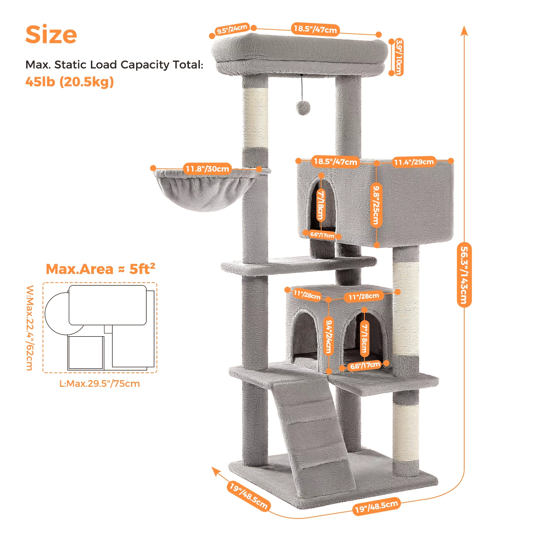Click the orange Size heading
coord(51,35)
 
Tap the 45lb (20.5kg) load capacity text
coord(70,82)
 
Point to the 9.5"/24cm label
coord(232,29)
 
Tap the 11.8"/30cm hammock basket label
coord(207,169)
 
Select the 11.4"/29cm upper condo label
coord(414,162)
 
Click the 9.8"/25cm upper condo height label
coord(376,205)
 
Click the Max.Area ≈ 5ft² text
coord(100,269)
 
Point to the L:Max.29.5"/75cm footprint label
coord(100,384)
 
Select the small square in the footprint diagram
coord(86,352)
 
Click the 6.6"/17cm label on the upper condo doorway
coord(322,235)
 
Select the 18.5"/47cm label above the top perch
coord(315,29)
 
